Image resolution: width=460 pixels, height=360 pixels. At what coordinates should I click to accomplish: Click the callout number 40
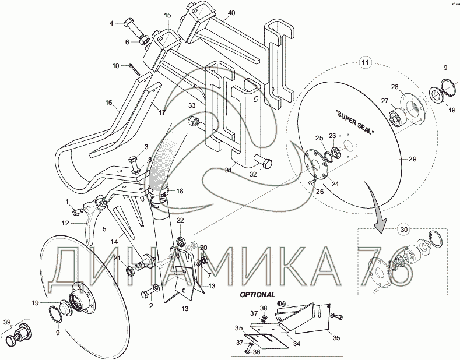[231, 13]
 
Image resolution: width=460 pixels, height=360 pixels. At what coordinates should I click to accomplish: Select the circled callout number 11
[365, 62]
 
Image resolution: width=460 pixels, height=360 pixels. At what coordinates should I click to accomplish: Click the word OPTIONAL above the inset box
[257, 295]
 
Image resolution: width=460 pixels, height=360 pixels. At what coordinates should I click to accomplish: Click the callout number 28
[394, 87]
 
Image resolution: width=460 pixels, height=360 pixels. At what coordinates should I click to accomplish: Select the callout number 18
[180, 191]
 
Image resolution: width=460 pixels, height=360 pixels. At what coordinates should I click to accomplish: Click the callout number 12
[65, 223]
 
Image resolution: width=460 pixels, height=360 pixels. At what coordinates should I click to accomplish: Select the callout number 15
[167, 15]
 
